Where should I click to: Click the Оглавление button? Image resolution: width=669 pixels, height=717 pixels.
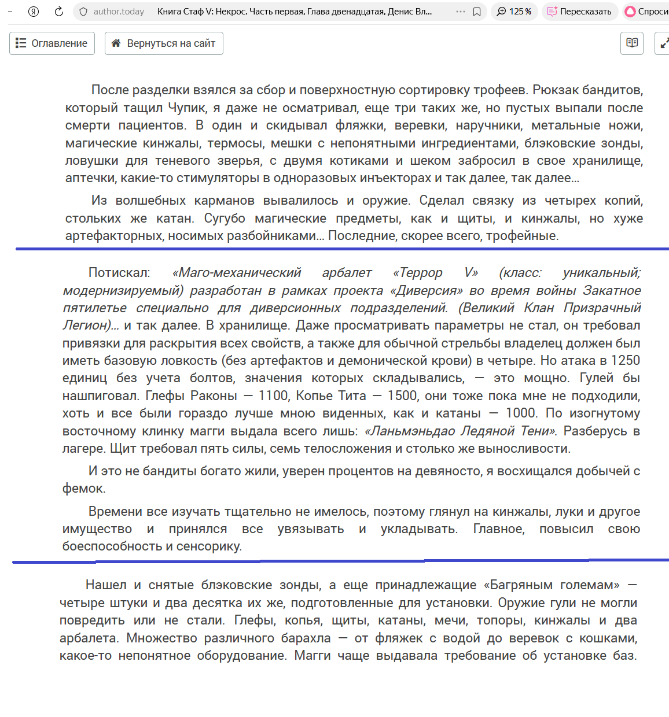coord(52,43)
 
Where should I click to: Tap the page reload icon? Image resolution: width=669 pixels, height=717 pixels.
coord(58,12)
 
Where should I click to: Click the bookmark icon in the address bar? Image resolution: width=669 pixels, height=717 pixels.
coord(477,12)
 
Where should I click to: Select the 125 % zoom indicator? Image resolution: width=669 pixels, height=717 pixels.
coord(514,12)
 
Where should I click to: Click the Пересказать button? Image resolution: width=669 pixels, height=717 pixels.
coord(579,12)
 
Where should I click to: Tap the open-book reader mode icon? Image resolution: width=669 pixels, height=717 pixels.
coord(632,43)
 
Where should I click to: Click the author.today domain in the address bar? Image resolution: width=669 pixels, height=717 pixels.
coord(119,12)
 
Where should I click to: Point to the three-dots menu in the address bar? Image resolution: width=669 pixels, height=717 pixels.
coord(461,12)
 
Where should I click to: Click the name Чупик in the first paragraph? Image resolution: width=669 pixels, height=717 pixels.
coord(187,108)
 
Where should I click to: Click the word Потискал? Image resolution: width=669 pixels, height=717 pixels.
coord(119,273)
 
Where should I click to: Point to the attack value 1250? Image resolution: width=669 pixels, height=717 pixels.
coord(625,361)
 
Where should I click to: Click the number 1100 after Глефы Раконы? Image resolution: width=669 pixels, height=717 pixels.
coord(273,396)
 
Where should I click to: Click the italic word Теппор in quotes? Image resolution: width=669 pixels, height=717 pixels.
coord(418,273)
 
